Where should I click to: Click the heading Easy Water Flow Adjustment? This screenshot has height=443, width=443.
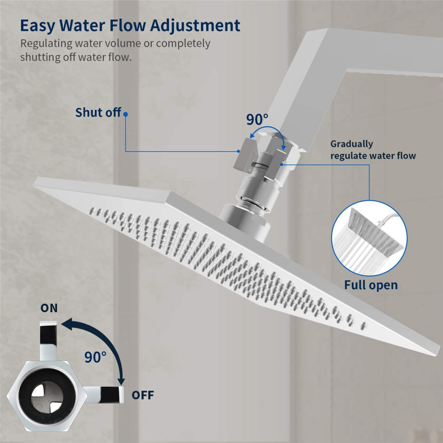coord(130,26)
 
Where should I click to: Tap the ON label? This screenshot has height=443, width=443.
coord(49,308)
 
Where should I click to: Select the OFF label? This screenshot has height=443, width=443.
coord(143,395)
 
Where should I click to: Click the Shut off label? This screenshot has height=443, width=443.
coord(98,112)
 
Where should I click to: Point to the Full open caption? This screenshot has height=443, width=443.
coord(371,285)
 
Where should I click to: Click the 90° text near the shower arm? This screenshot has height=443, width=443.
coord(257,119)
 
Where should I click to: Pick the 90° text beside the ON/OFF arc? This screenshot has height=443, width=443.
coord(95,357)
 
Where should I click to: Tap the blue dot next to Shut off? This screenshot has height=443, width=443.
coord(126,114)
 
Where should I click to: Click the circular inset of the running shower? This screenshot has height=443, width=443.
coord(369,238)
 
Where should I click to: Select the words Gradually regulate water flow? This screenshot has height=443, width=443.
coord(373,150)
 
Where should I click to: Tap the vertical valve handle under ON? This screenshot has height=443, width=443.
coord(48,341)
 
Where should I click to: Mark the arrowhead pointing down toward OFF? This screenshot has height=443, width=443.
coord(121,380)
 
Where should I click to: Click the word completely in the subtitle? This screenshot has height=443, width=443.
coord(183,44)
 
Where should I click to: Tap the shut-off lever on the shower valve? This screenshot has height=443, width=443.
coord(245,155)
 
